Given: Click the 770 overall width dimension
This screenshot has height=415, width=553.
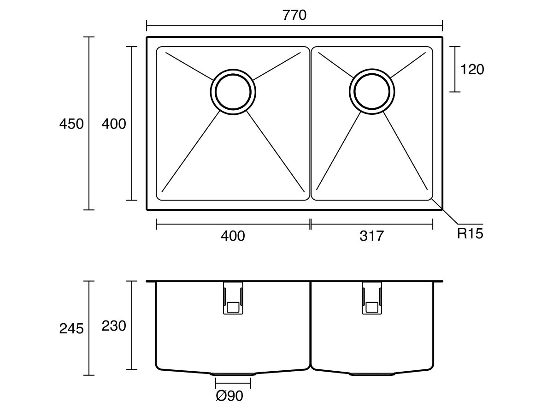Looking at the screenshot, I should [294, 15].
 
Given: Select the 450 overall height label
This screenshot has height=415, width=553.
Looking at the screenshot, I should [71, 124].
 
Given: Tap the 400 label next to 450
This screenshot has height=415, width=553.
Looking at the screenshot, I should [113, 124].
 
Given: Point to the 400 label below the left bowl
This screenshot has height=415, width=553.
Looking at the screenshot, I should [233, 236].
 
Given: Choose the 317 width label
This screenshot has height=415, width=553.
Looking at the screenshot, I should [371, 236].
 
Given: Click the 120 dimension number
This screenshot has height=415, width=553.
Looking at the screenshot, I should [472, 70].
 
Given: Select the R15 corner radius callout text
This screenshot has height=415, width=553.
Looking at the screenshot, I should [470, 234].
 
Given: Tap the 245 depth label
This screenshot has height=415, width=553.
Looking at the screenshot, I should [71, 328].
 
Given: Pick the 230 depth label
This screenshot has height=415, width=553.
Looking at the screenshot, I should [113, 326].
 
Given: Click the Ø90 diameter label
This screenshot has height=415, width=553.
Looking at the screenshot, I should [229, 396].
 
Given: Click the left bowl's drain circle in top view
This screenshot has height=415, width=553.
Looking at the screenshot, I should [233, 91].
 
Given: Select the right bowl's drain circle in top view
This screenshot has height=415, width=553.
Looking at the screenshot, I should [372, 91].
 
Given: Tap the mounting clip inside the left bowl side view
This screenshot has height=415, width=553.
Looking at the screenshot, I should [233, 298].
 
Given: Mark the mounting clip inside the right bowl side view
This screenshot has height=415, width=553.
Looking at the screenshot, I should [371, 298].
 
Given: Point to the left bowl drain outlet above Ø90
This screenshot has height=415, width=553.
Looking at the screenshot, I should [233, 373].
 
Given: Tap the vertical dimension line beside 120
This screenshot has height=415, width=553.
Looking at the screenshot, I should [455, 69].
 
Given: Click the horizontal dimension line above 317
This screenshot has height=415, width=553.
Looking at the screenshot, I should [371, 225].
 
